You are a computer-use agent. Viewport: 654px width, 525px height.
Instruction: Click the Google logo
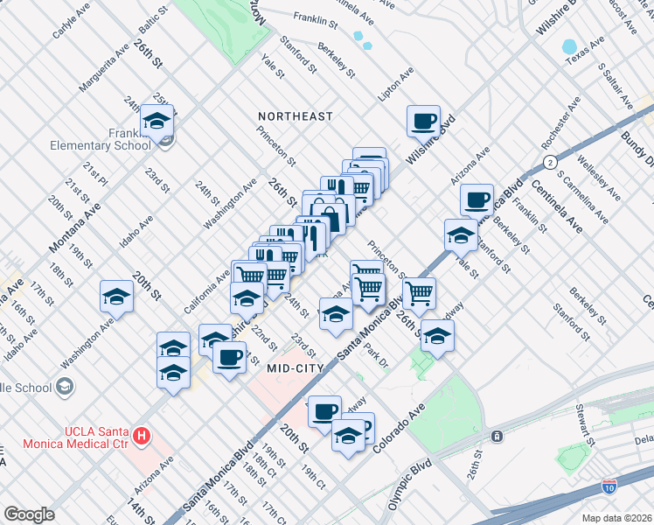click(28, 514)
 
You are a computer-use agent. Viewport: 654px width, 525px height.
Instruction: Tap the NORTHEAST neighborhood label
click(296, 116)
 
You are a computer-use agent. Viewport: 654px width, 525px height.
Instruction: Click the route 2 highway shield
click(549, 163)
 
